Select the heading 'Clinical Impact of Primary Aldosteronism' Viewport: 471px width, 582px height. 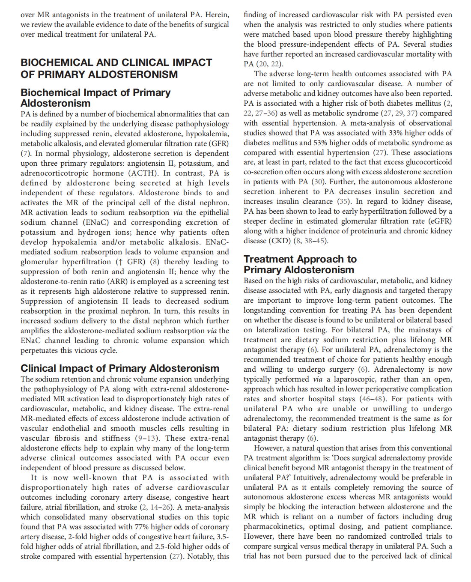pos(120,368)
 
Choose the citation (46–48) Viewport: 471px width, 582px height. pos(373,399)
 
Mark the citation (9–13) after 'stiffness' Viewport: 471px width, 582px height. pos(146,438)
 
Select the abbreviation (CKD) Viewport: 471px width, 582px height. pos(280,241)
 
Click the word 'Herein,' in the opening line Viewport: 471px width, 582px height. pos(217,15)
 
